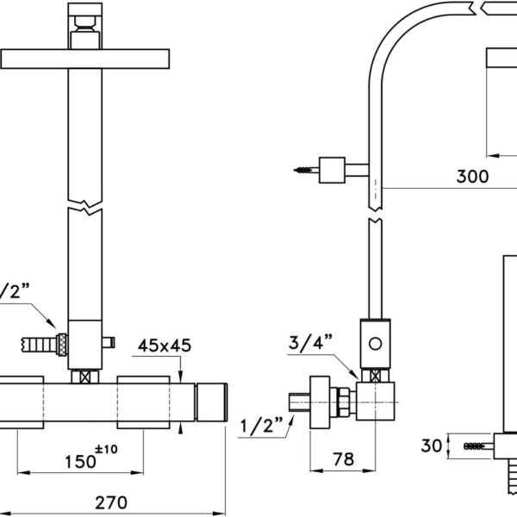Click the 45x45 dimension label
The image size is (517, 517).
pos(165,346)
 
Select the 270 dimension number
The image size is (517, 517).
pos(111,503)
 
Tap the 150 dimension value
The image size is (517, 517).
pos(80,462)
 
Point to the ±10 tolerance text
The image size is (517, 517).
pos(106,449)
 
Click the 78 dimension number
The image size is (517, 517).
pos(343,459)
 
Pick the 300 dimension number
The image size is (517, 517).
pos(472,177)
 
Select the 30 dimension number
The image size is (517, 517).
pos(432,445)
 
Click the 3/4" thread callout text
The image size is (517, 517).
pos(310,342)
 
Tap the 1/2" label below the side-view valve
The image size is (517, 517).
pos(261,426)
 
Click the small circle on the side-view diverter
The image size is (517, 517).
pos(375,344)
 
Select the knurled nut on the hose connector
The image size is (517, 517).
pos(62,345)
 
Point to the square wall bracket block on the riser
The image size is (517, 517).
pos(332,170)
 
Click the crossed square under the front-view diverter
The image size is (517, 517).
pos(85,377)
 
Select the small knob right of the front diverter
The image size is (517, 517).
pos(109,343)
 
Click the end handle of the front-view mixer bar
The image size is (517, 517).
pos(212,402)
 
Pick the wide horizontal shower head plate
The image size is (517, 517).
pos(85,59)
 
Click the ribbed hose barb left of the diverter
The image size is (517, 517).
pos(39,345)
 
